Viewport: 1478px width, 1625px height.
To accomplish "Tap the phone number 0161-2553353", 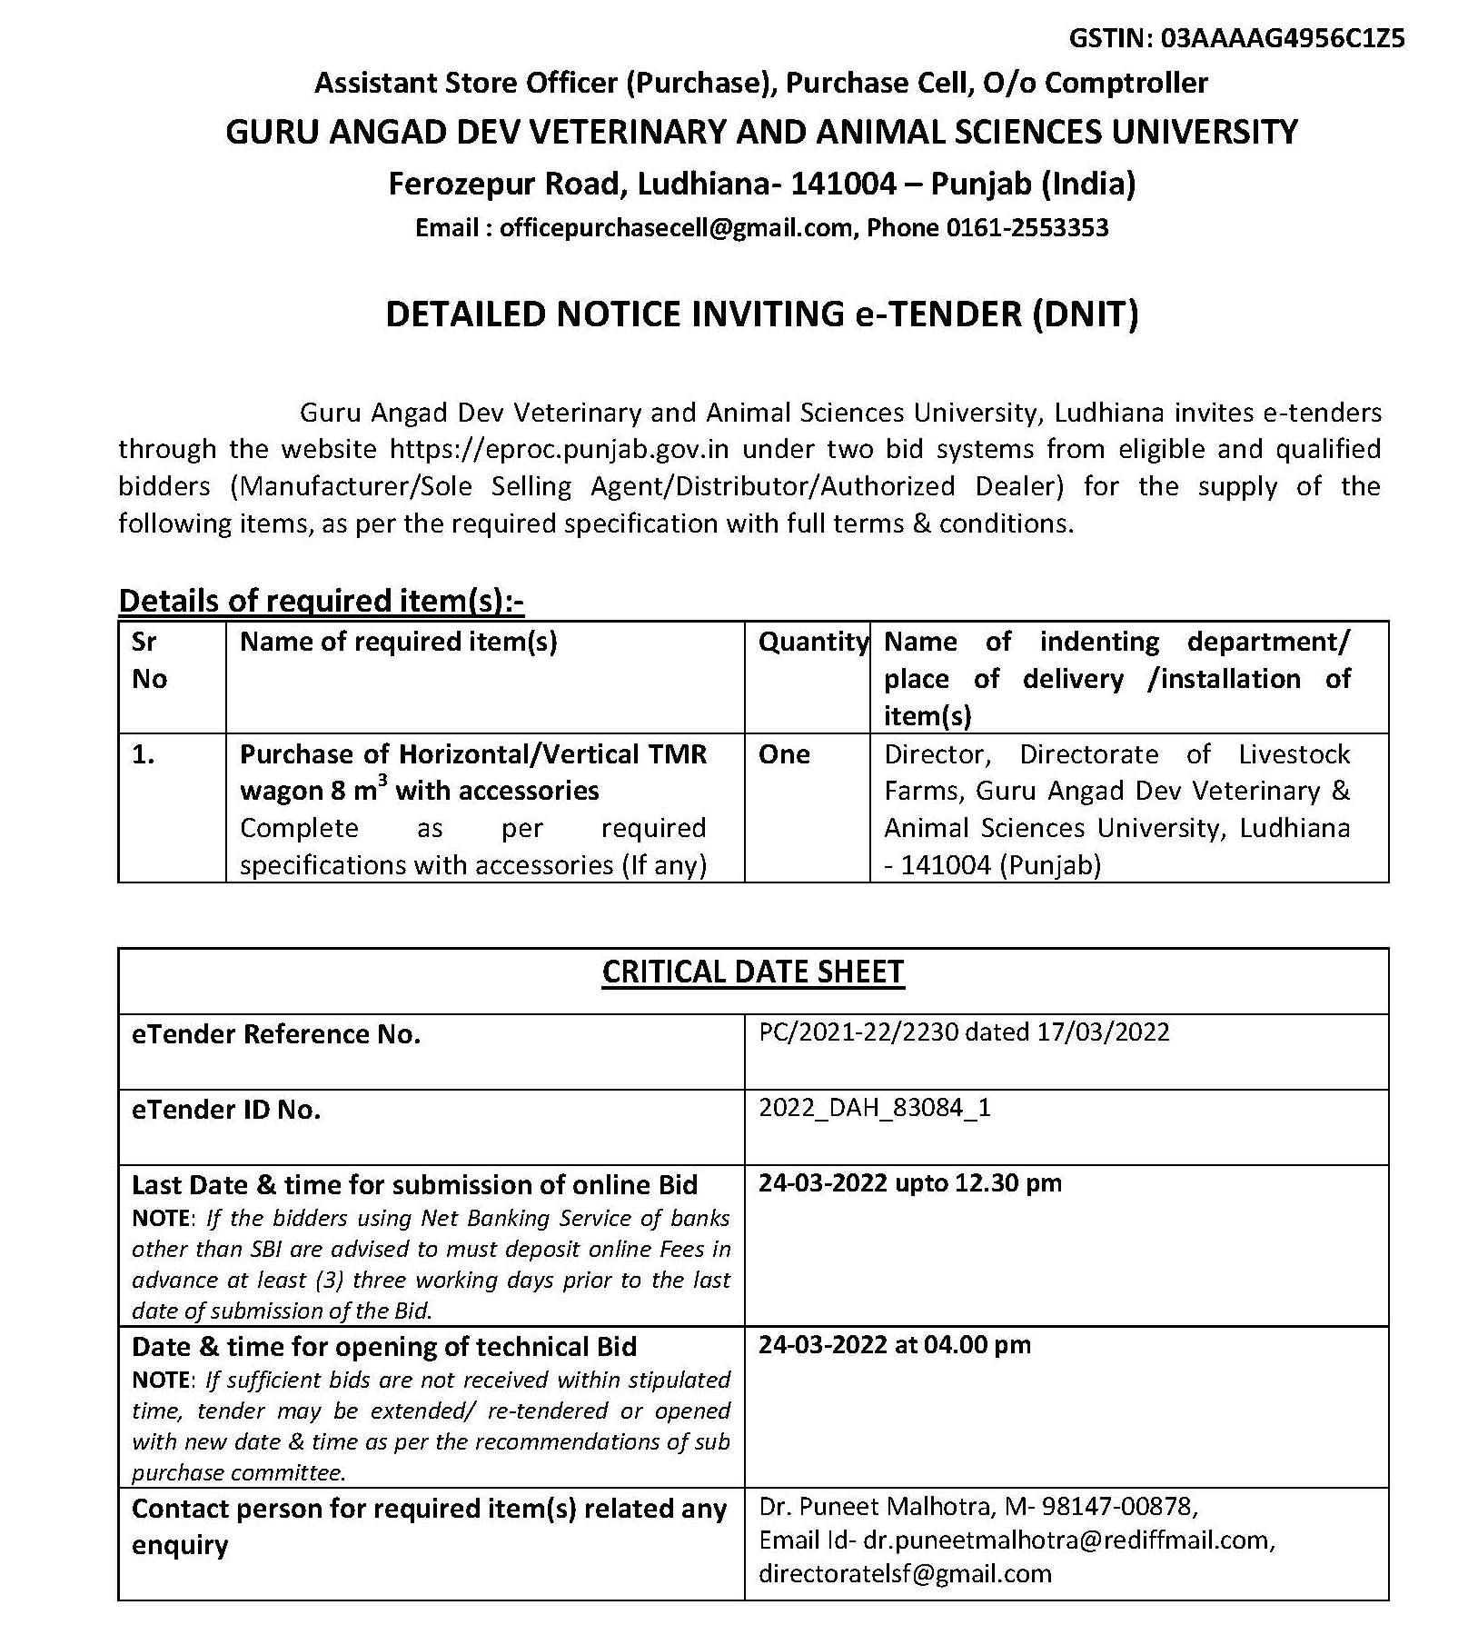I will click(1027, 227).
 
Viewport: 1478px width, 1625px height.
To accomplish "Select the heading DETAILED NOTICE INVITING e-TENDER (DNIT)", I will click(761, 314).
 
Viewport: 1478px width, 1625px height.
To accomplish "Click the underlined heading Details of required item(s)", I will click(321, 601).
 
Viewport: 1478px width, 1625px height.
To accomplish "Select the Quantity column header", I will click(813, 642).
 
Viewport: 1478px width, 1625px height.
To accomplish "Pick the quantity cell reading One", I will click(784, 754).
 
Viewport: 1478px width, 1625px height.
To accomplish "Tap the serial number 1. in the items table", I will click(144, 754).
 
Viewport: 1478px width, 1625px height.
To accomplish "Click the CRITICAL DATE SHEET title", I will click(753, 972).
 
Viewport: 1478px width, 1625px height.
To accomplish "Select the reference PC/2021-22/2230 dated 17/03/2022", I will click(964, 1032).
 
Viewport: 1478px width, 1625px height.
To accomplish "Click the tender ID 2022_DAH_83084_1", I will click(874, 1108).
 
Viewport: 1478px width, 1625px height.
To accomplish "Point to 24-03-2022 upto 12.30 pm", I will click(909, 1183).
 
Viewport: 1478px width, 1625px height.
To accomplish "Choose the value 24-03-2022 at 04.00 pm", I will click(895, 1345).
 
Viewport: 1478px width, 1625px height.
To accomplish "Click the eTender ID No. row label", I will click(226, 1110).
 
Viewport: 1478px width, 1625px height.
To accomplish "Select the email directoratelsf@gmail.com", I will click(905, 1574).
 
